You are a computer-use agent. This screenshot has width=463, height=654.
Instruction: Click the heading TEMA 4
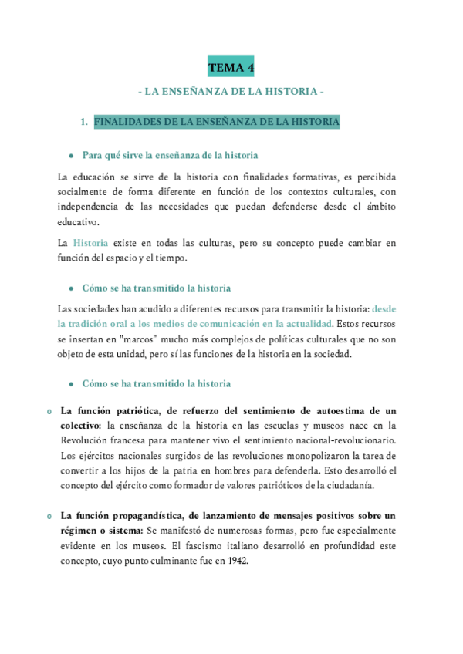coord(231,68)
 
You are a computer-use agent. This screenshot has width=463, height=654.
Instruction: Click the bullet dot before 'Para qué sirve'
coord(71,156)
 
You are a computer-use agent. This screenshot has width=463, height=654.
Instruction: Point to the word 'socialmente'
coord(85,191)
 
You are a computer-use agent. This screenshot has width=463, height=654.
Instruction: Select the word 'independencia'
coord(90,206)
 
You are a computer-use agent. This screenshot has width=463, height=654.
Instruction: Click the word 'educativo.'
coord(79,221)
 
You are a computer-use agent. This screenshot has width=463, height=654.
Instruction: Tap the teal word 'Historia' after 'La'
coord(90,243)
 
